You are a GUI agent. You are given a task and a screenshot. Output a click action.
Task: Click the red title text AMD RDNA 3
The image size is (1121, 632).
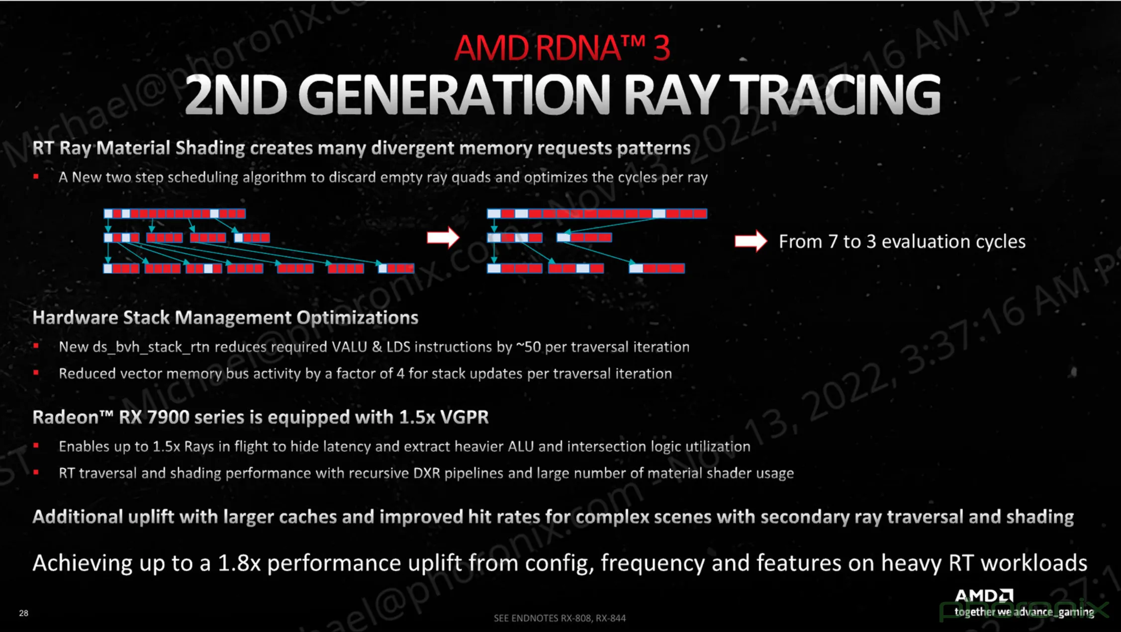(x=562, y=48)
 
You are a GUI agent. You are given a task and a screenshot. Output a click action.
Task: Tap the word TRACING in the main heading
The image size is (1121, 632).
(x=835, y=95)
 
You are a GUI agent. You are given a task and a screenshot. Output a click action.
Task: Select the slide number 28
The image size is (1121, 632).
(x=23, y=613)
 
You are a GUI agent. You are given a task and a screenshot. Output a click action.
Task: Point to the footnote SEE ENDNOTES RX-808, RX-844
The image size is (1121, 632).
(x=560, y=618)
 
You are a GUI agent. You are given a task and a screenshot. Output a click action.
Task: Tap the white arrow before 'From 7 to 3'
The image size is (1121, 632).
(x=751, y=241)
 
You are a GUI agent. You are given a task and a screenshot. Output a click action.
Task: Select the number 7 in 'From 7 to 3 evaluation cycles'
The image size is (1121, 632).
(x=833, y=242)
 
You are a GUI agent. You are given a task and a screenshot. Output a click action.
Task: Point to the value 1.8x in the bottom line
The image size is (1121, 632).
(x=239, y=563)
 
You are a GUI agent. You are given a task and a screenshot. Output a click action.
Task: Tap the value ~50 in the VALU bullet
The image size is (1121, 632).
(x=528, y=347)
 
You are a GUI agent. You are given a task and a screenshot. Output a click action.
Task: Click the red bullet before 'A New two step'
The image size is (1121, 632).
(x=36, y=177)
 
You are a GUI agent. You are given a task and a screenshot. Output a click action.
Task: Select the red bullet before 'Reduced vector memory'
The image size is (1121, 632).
(x=36, y=373)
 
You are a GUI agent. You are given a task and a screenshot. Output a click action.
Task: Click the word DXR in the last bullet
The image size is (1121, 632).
(x=427, y=473)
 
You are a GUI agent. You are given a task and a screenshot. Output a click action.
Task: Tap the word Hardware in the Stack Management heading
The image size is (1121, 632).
(x=75, y=317)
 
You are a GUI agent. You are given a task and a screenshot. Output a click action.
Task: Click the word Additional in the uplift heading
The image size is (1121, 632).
(x=78, y=517)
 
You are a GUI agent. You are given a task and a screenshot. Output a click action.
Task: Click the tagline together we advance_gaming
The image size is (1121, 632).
(x=1024, y=612)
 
